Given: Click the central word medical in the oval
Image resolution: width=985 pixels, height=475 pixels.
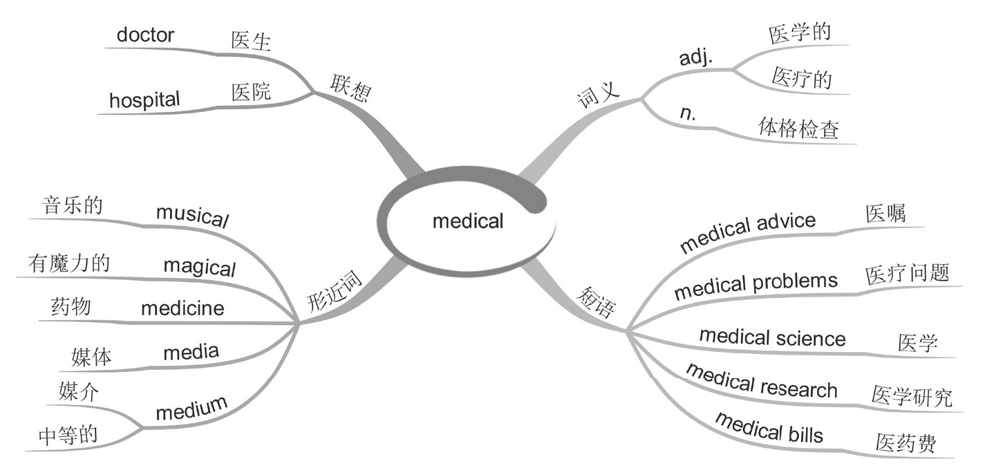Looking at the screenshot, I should coord(468,221).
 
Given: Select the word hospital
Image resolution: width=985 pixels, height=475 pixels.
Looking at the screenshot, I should coord(144,100).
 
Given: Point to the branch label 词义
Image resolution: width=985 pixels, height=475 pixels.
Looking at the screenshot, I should coord(599,95).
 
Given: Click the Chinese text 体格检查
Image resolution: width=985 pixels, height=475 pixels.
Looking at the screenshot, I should coord(798,129).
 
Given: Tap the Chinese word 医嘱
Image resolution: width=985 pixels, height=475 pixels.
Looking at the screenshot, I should coord(885,214).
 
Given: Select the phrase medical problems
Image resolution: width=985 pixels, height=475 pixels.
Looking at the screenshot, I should coord(756,286).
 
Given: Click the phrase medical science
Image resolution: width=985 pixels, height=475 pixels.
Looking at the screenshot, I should coord(772,337).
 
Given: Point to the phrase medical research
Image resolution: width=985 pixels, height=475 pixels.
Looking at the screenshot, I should coord(761,381).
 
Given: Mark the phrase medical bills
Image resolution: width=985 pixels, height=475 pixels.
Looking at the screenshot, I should coord(769,426).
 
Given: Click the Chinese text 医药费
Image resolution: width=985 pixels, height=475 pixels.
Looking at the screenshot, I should coord(905,443).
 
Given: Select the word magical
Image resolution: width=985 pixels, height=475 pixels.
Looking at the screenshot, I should coord(200,266).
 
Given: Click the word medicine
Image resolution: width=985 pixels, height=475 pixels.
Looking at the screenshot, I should coord(182,308).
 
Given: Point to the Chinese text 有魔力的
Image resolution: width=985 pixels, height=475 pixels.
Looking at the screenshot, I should coord(69,263).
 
